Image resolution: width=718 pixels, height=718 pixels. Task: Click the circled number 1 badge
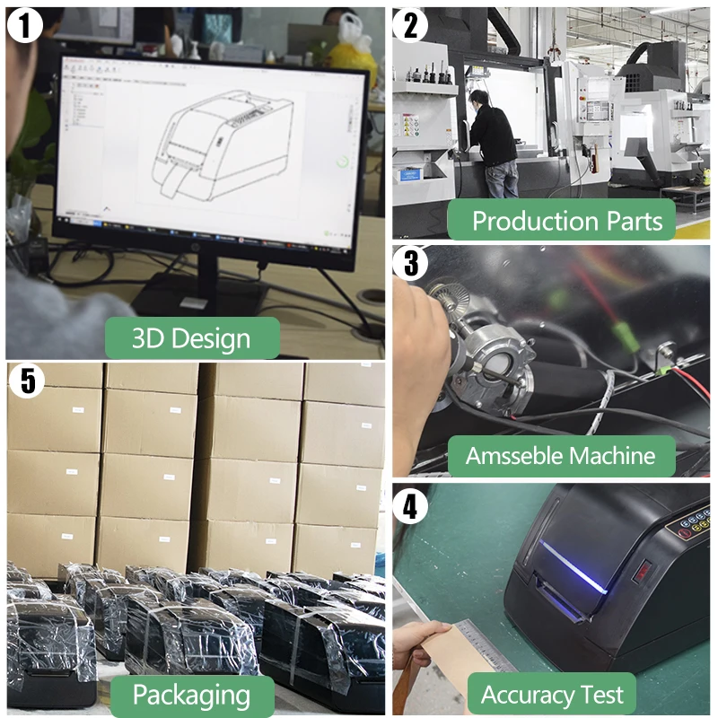tap(24, 24)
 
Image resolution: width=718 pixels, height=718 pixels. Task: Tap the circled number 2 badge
tap(411, 24)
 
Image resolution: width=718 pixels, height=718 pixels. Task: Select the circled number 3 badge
tap(411, 262)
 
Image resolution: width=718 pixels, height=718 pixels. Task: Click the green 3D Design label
tap(191, 338)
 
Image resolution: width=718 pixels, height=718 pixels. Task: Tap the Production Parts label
tap(560, 220)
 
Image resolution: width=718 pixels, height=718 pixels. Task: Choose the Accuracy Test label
tap(552, 694)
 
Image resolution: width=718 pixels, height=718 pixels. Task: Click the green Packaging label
tap(191, 694)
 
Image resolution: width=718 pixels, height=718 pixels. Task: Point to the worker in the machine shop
tap(492, 144)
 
